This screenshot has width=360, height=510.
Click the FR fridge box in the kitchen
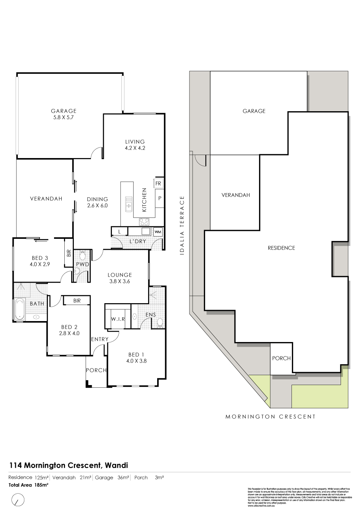(x=158, y=183)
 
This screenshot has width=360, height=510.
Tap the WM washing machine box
(x=158, y=232)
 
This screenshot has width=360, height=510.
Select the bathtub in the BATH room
(x=19, y=309)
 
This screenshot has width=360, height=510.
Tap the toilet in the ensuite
(x=160, y=323)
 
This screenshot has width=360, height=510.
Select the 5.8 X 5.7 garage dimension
(x=64, y=118)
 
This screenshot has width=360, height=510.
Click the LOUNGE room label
(x=119, y=275)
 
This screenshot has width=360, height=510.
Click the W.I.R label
(x=118, y=319)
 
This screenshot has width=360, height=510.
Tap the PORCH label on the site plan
(x=281, y=358)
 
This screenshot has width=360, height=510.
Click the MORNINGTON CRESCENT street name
(x=271, y=416)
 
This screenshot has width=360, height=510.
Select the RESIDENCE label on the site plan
(x=281, y=248)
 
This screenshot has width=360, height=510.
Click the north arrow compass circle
(x=18, y=499)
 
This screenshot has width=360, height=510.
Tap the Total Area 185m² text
(x=29, y=485)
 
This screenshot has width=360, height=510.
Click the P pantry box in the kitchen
(x=160, y=198)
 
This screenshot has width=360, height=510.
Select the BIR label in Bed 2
(x=77, y=301)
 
